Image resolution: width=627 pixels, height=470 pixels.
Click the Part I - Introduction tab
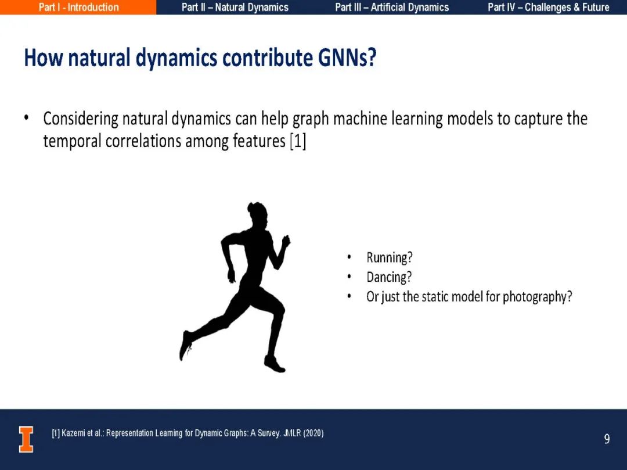pyautogui.click(x=78, y=7)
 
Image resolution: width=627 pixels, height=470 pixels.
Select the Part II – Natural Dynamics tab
pyautogui.click(x=235, y=7)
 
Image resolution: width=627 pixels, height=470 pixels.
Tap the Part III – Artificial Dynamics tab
pyautogui.click(x=392, y=7)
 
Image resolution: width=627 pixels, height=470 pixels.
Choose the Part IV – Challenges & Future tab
pyautogui.click(x=548, y=7)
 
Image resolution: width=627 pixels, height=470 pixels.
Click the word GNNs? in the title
pyautogui.click(x=347, y=58)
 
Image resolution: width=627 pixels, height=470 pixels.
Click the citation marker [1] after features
pyautogui.click(x=298, y=141)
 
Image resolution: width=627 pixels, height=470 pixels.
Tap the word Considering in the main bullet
pyautogui.click(x=81, y=119)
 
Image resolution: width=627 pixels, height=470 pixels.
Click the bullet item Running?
pyautogui.click(x=389, y=257)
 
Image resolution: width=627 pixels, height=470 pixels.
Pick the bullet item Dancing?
pyautogui.click(x=388, y=277)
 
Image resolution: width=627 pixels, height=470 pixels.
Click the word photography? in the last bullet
pyautogui.click(x=537, y=297)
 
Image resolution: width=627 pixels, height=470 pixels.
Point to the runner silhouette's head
pyautogui.click(x=257, y=214)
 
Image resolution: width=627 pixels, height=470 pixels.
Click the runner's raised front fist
pyautogui.click(x=286, y=241)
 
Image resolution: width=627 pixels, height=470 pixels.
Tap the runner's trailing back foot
pyautogui.click(x=186, y=345)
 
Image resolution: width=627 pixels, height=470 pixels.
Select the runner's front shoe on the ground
pyautogui.click(x=275, y=364)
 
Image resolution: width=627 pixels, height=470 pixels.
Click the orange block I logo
pyautogui.click(x=26, y=439)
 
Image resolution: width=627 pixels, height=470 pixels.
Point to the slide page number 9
pyautogui.click(x=607, y=439)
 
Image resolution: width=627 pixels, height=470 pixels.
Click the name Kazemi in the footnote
pyautogui.click(x=73, y=433)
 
